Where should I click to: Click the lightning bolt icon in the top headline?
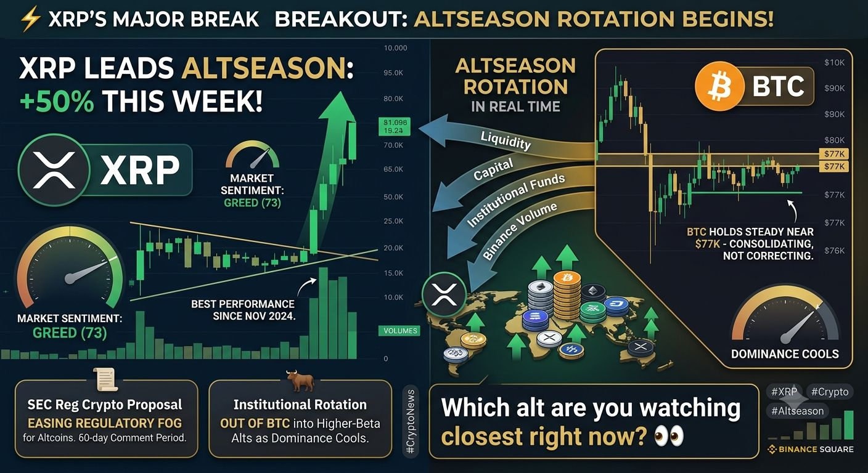(30, 19)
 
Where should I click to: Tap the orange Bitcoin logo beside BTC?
(719, 87)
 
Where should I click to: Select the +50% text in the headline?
(57, 102)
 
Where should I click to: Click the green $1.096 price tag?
(395, 127)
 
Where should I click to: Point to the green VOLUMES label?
(400, 331)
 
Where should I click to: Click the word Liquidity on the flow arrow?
(506, 140)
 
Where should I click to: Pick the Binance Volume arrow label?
(519, 231)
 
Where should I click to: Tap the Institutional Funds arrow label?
(515, 200)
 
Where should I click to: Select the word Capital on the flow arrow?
(493, 169)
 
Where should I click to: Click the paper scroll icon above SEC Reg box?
(106, 379)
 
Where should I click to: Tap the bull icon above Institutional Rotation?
(300, 381)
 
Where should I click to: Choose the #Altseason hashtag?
(797, 411)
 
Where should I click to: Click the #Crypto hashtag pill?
(830, 392)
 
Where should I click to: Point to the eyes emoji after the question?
(669, 436)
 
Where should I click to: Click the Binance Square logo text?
(811, 450)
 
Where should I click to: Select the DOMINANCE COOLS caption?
(785, 354)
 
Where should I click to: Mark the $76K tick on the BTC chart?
(834, 251)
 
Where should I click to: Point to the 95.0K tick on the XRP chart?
(393, 73)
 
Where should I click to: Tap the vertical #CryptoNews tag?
(411, 421)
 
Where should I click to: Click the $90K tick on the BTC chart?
(834, 88)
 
